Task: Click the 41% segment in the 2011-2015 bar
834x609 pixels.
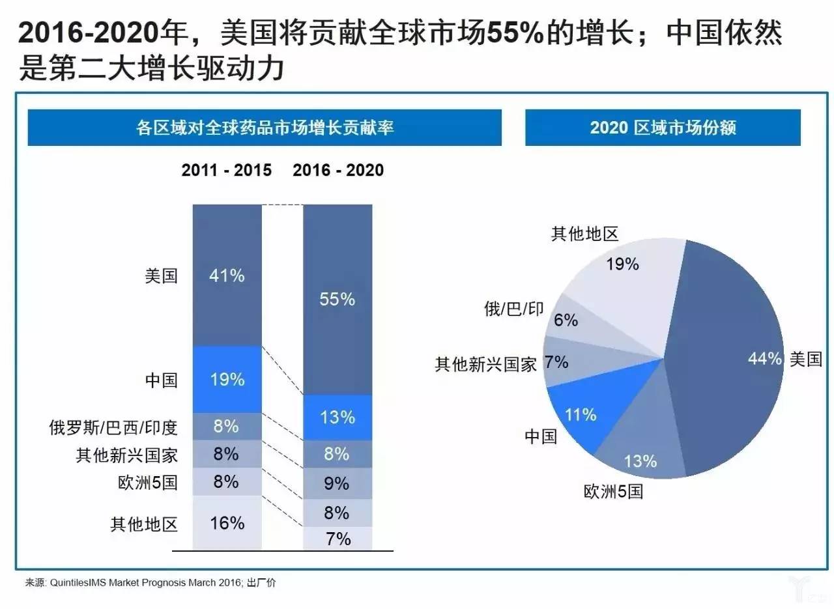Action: pos(227,275)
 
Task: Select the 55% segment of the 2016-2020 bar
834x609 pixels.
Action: pos(338,299)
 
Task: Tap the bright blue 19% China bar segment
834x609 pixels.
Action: pos(227,379)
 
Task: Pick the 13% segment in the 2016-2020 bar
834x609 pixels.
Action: pos(338,418)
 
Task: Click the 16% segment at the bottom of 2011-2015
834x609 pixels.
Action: pos(227,522)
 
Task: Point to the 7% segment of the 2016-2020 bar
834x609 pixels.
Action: pos(338,538)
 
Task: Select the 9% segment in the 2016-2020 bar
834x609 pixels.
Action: pos(338,483)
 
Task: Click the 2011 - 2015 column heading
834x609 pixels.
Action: pos(226,170)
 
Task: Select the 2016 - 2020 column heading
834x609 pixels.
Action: pos(338,170)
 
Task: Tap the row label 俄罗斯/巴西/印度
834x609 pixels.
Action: pos(113,427)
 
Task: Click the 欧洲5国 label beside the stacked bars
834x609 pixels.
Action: pos(148,483)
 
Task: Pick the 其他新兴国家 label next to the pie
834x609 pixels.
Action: pos(485,364)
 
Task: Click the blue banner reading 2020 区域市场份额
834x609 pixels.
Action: pos(663,127)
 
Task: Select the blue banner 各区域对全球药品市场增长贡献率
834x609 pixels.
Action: pos(265,127)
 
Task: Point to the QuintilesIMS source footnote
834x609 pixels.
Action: pos(151,582)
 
